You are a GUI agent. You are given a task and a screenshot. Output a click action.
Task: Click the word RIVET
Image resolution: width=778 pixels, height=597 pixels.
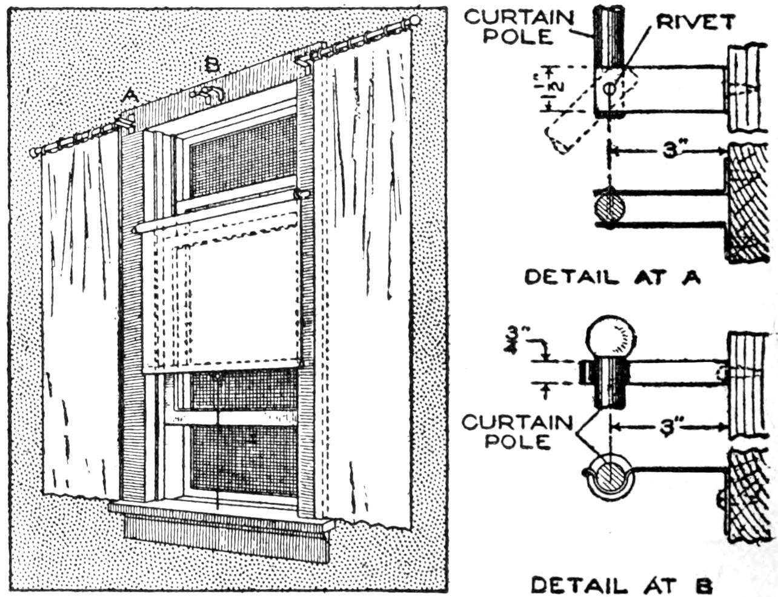pos(696,22)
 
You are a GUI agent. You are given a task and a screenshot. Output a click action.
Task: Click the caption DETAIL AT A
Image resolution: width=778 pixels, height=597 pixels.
pos(612,277)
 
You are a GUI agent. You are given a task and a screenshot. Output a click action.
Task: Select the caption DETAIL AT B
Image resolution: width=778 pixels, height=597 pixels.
pos(621,585)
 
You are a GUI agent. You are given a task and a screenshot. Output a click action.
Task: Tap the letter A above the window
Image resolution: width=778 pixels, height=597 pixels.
pos(130,95)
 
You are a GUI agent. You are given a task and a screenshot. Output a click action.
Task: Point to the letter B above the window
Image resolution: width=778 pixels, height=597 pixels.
pos(211,64)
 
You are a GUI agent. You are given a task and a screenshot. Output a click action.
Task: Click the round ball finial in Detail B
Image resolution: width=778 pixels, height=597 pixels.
pos(611,337)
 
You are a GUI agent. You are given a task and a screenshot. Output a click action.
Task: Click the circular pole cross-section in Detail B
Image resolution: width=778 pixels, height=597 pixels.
pos(608,480)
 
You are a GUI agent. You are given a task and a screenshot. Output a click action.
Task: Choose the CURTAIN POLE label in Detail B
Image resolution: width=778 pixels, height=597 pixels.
pos(517,431)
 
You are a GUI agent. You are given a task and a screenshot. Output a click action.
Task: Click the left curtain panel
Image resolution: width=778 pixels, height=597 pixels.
pos(79,315)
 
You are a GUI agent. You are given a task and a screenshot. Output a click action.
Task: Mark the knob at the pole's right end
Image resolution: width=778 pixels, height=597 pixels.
pos(415,21)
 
